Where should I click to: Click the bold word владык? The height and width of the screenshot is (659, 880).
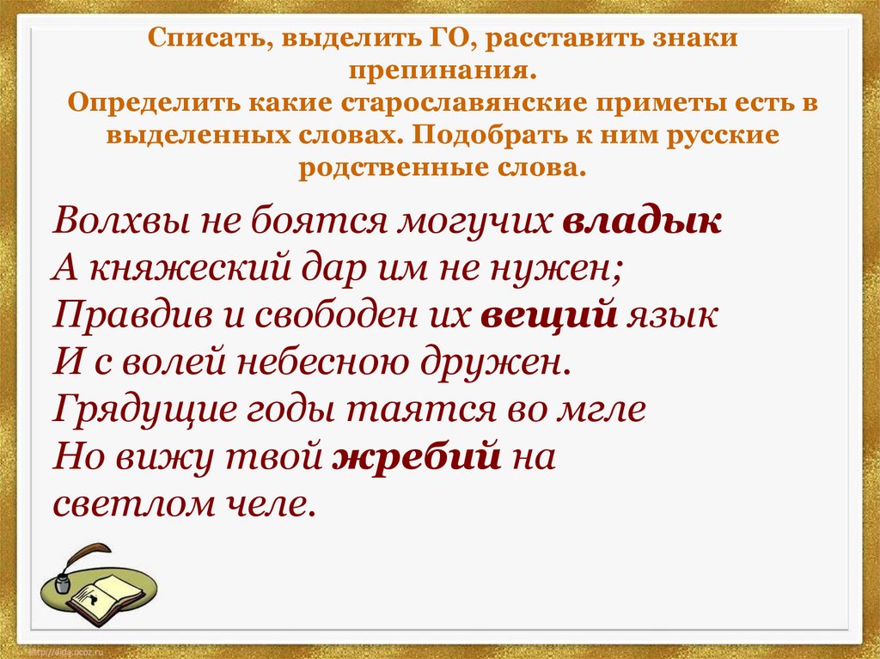642,221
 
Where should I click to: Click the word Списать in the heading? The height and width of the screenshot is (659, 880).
204,40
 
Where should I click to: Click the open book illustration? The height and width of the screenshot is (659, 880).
101,595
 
